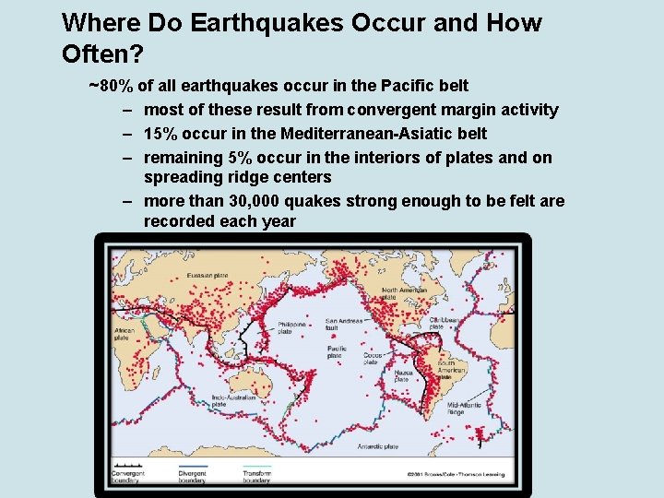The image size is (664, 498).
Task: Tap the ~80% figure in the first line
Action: click(x=109, y=86)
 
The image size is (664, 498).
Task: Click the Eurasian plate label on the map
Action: click(x=208, y=275)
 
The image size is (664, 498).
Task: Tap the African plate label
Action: click(x=123, y=333)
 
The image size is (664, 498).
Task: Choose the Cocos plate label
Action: click(x=373, y=358)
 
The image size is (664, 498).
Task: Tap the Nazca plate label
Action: click(x=403, y=375)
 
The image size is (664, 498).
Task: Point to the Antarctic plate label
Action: click(x=378, y=446)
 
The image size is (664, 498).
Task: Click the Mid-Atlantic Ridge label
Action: click(x=461, y=408)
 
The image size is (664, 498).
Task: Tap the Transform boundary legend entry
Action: click(x=256, y=476)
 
